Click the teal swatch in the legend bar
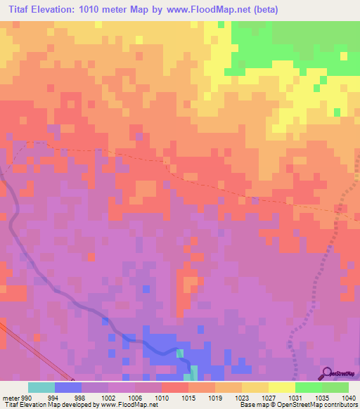tap(41, 387)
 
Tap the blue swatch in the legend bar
tap(68, 387)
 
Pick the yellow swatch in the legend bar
tap(282, 387)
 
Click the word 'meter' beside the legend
tap(10, 397)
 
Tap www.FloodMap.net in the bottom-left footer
tap(133, 405)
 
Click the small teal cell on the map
tap(179, 353)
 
